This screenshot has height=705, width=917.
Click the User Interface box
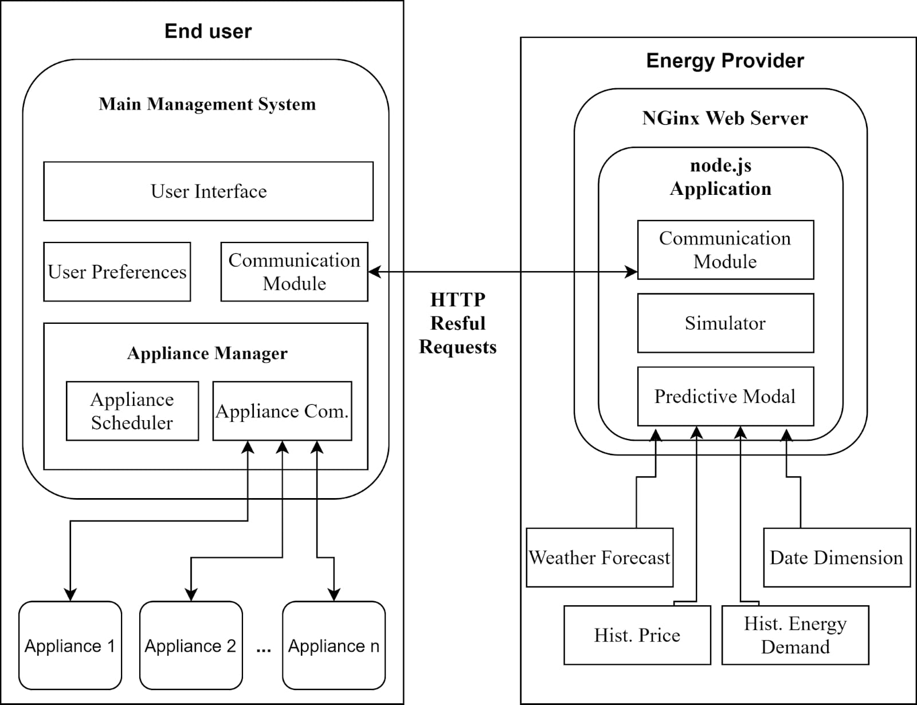point(208,191)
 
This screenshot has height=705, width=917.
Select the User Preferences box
point(117,272)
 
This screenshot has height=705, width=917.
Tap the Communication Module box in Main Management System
point(294,272)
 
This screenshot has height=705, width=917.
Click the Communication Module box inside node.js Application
point(725,250)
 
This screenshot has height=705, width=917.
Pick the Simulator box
point(725,323)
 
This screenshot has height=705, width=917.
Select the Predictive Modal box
point(725,397)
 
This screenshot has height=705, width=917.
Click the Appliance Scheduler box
point(132,411)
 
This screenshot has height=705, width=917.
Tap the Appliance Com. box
point(282,411)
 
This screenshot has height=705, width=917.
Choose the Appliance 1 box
point(70,645)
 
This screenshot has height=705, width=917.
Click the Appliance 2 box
point(191,645)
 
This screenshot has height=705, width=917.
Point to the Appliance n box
point(334,645)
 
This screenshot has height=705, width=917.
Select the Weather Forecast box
point(599,558)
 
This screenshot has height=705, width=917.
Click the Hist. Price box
point(637,635)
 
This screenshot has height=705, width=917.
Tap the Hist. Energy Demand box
point(795,635)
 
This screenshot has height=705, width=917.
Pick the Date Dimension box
point(836,558)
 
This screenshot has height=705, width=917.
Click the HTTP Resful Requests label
point(458,323)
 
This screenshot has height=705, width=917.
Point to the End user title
point(208,31)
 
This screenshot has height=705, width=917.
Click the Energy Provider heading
point(725,60)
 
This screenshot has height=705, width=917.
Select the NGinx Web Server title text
point(725,118)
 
